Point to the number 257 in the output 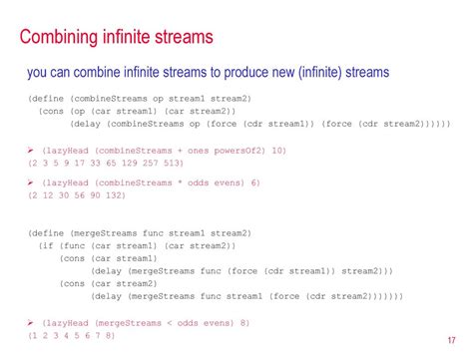coord(149,162)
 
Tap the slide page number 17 coord(452,338)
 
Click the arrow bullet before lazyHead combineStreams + coord(31,148)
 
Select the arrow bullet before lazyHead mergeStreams coord(31,322)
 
